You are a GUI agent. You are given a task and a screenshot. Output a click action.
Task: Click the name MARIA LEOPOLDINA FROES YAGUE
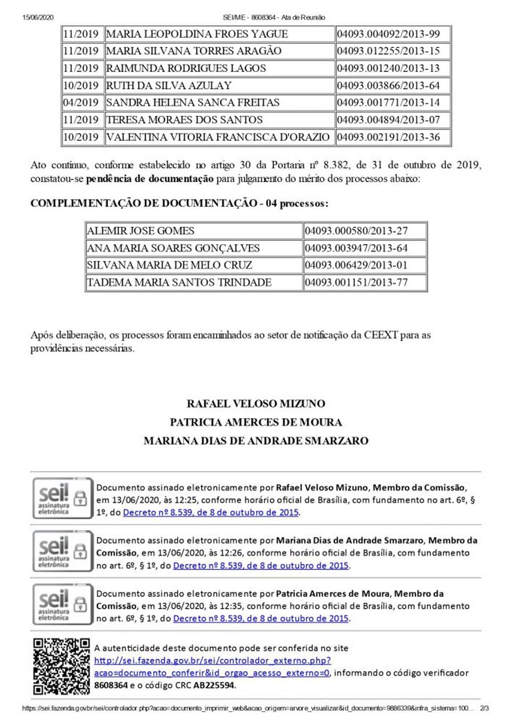pos(197,34)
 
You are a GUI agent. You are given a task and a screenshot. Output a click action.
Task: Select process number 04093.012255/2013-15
pos(388,51)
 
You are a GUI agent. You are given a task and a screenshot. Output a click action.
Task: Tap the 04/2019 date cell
pos(81,102)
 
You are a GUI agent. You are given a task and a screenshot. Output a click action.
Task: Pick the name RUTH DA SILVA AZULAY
pos(169,85)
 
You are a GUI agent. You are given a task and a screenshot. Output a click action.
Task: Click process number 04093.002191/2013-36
pos(388,137)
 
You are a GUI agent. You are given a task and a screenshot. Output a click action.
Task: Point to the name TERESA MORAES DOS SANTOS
pos(184,120)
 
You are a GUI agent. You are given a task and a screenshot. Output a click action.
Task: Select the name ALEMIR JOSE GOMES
pos(141,231)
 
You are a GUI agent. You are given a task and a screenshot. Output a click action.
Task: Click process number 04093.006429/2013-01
pos(356,265)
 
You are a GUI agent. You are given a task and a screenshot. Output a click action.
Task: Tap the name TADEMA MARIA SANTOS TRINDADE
pos(179,283)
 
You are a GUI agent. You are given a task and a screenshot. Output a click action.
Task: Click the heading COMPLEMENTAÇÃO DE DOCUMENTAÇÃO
pos(144,203)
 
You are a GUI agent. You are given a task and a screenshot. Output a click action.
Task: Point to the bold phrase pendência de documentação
pos(150,179)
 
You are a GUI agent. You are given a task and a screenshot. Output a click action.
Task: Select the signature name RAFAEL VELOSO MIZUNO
pos(256,404)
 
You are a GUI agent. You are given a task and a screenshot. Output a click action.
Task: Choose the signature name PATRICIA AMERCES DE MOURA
pos(256,422)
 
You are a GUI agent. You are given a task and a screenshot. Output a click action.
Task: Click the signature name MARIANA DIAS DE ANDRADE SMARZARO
pos(256,441)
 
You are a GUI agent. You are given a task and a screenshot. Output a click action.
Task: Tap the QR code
pos(61,666)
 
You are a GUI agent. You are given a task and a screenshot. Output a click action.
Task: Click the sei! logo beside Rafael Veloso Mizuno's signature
pos(54,497)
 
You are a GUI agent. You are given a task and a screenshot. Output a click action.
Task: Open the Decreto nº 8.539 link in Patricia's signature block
pos(261,618)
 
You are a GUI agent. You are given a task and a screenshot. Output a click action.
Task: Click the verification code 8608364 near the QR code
pos(111,686)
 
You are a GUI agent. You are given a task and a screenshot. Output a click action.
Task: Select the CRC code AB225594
pos(213,686)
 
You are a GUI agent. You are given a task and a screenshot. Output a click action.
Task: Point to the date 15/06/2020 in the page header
pos(38,18)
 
